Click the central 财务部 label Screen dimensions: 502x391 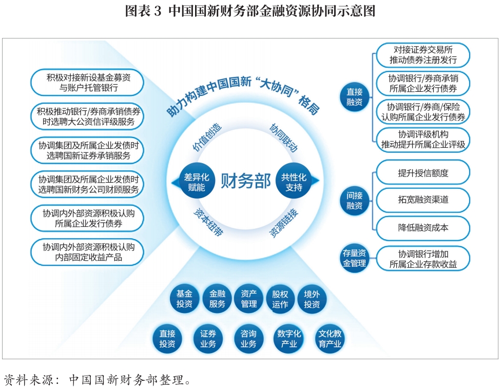click(x=245, y=181)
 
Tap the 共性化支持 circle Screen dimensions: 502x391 click(x=294, y=181)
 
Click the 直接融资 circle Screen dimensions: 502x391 click(x=354, y=97)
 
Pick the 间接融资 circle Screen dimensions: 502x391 click(x=354, y=201)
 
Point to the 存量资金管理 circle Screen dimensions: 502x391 click(x=354, y=258)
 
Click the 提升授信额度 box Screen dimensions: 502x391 click(x=423, y=173)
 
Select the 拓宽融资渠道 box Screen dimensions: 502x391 click(x=423, y=200)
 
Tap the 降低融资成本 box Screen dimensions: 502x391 click(x=423, y=228)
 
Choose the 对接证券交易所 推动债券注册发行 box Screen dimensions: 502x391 click(x=423, y=55)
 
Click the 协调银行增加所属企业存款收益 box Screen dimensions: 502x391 click(x=423, y=259)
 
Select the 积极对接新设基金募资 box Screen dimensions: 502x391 click(x=87, y=82)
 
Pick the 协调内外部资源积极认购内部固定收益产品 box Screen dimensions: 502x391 click(x=87, y=252)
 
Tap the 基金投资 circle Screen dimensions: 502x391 click(x=184, y=299)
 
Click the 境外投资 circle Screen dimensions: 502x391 click(x=312, y=299)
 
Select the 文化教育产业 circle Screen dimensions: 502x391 click(x=330, y=339)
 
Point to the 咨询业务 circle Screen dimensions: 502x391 click(x=248, y=339)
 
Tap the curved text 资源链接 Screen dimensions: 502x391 click(x=284, y=223)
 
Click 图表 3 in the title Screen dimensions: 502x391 click(x=143, y=11)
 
